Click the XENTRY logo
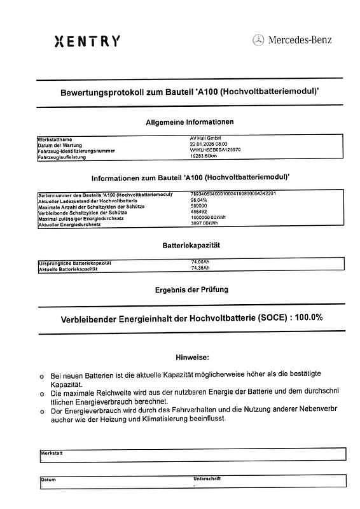click(87, 42)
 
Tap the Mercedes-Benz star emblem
click(258, 41)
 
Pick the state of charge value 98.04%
click(199, 200)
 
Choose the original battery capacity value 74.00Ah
click(200, 262)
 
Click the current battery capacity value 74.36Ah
click(200, 268)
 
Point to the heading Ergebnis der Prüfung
click(191, 290)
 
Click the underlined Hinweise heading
click(192, 358)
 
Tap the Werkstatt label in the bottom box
click(51, 452)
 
